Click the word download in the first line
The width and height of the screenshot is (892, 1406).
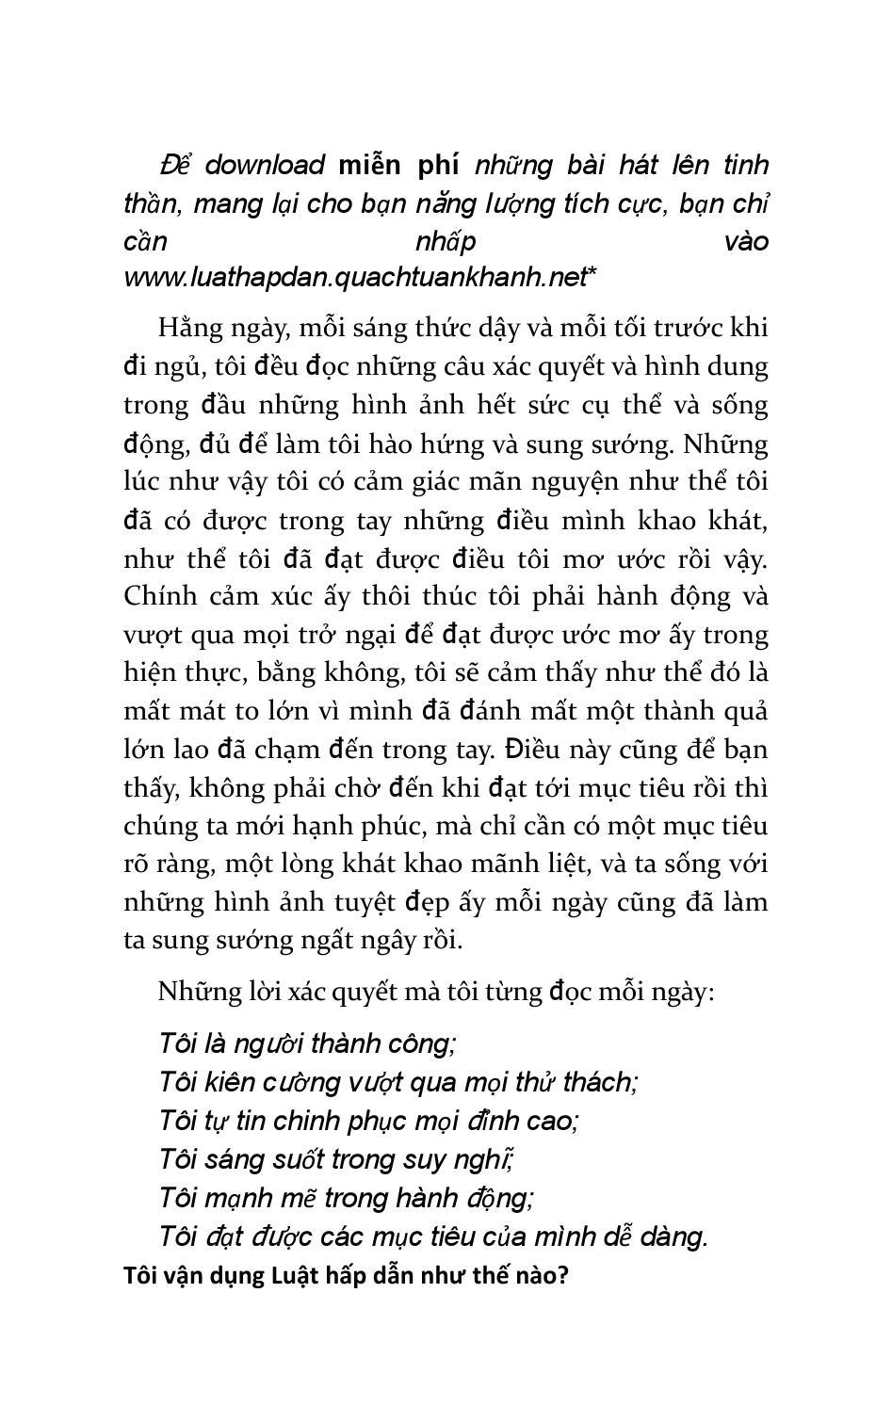point(265,166)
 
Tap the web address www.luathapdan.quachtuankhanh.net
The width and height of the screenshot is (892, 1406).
point(354,278)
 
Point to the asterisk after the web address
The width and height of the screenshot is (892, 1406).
point(592,275)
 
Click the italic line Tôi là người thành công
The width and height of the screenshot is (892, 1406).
point(307,1044)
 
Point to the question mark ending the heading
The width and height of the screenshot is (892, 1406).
point(563,1277)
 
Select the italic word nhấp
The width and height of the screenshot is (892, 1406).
point(446,242)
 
